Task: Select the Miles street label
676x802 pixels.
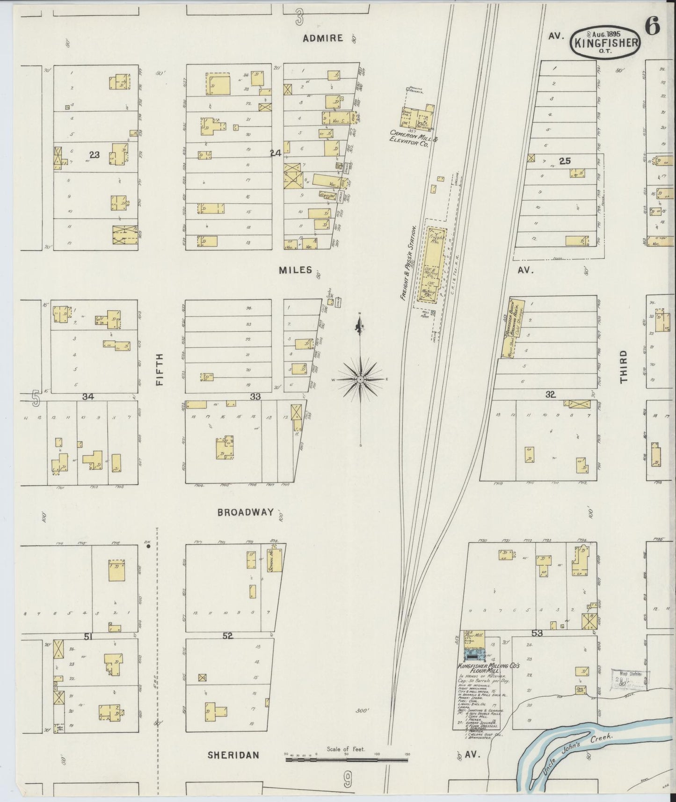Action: pyautogui.click(x=296, y=270)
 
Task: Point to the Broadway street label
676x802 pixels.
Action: pyautogui.click(x=245, y=512)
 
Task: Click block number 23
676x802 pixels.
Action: pyautogui.click(x=94, y=155)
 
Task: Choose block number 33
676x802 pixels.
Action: pyautogui.click(x=255, y=396)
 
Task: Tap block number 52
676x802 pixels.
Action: pyautogui.click(x=228, y=636)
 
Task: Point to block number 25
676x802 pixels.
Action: pyautogui.click(x=565, y=161)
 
